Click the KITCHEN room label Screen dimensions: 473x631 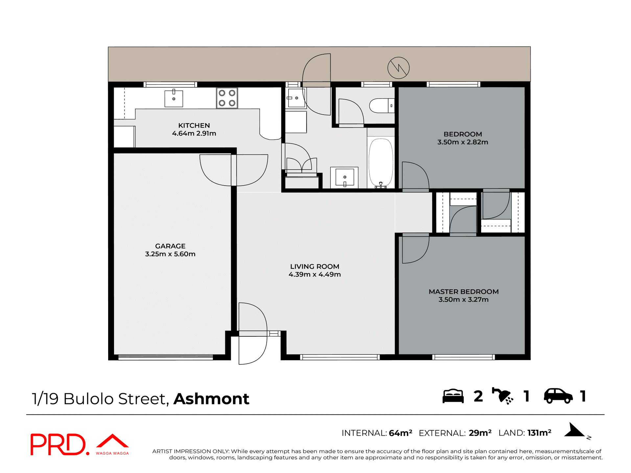point(194,125)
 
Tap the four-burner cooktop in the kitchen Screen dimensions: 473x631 point(227,98)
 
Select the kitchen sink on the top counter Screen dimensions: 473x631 point(174,99)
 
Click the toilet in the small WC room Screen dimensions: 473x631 point(381,105)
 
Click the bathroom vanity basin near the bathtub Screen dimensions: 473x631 point(344,177)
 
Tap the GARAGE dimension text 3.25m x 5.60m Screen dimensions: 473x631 point(170,254)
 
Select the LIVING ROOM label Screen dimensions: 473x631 point(315,266)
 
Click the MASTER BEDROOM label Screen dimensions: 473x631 point(463,292)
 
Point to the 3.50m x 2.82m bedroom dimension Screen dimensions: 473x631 point(462,142)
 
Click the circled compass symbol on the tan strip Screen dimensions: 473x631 point(398,68)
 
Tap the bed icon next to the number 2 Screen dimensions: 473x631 point(453,396)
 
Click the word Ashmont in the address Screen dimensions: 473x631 point(211,399)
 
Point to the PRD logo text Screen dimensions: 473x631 point(58,444)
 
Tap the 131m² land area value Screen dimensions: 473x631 point(539,433)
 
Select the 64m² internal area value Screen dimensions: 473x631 point(400,433)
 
